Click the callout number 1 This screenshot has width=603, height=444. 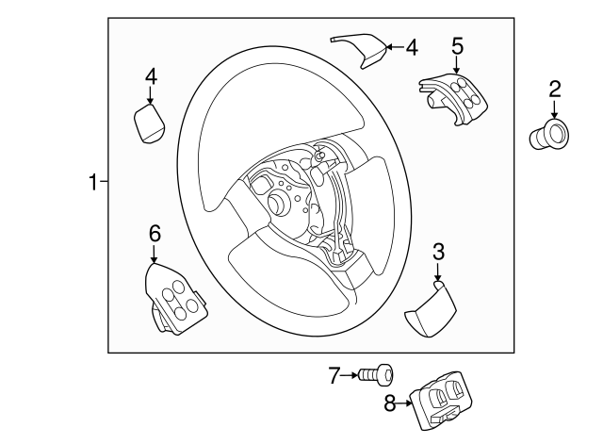(x=93, y=182)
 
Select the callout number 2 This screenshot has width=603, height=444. (x=555, y=90)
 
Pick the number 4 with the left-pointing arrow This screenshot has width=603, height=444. (x=411, y=46)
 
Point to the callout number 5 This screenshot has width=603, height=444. (x=457, y=44)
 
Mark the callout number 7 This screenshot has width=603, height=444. (x=334, y=376)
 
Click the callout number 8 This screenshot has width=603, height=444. (x=390, y=404)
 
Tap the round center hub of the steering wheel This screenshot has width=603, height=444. (x=280, y=204)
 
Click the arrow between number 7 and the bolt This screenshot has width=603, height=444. (x=354, y=376)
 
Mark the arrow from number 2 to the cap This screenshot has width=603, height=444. (x=555, y=111)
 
